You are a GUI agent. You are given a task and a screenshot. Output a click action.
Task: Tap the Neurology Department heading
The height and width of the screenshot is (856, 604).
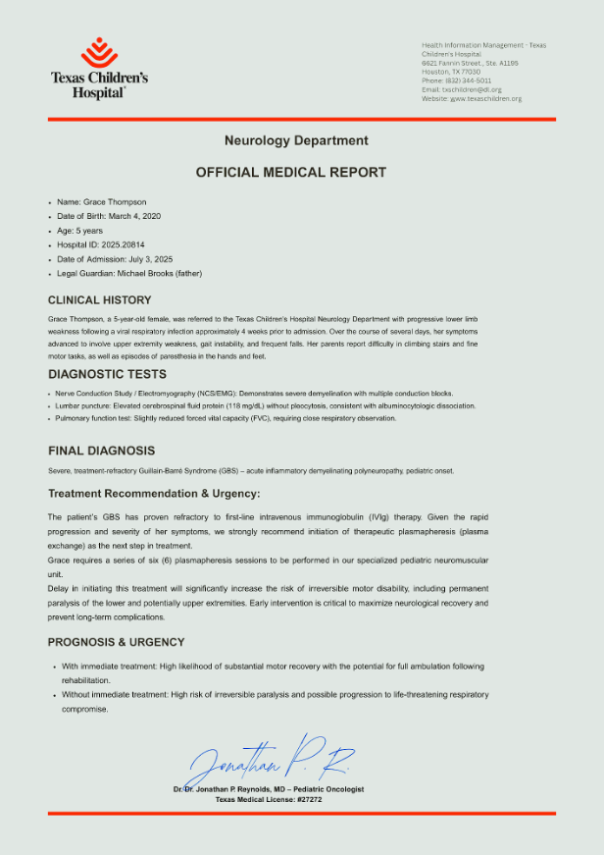[296, 141]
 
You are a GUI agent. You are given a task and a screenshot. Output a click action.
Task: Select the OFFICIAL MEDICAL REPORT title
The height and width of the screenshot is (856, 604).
[291, 172]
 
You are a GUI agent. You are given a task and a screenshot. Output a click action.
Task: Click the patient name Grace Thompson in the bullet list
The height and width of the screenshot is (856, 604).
[115, 202]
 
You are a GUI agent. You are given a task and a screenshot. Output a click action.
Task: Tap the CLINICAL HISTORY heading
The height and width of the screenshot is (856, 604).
[100, 300]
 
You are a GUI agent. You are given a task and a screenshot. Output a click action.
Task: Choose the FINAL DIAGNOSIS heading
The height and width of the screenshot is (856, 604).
[102, 451]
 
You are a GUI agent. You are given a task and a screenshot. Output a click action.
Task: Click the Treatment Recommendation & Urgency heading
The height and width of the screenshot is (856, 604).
[154, 493]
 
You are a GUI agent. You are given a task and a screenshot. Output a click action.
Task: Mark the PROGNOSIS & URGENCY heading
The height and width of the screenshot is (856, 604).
[117, 642]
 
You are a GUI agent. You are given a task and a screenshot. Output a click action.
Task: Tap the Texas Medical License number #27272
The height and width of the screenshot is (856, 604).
[308, 799]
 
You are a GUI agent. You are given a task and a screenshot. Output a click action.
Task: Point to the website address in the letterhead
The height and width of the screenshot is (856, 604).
[485, 98]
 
